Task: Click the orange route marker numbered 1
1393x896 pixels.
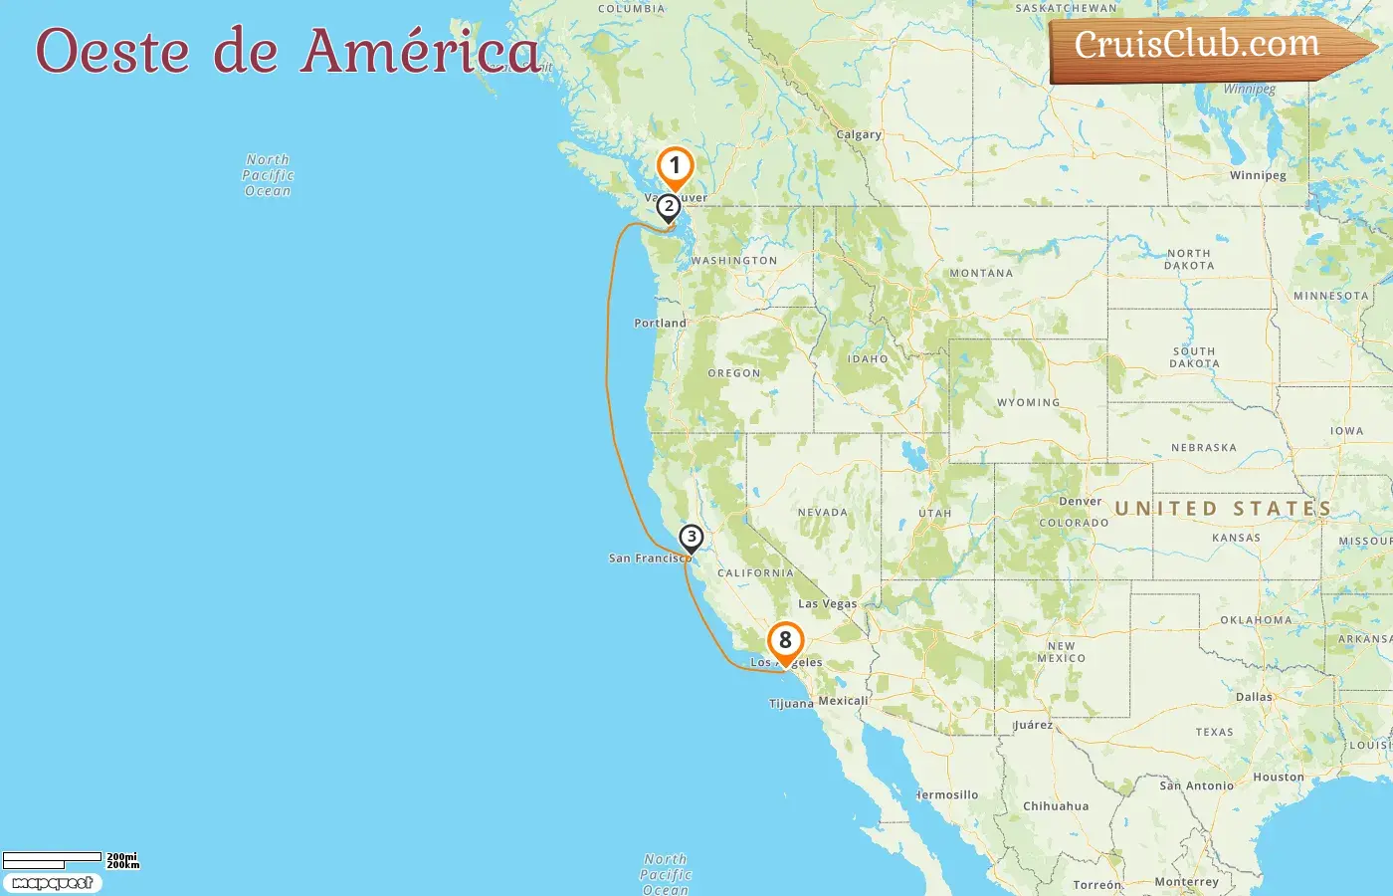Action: tap(675, 166)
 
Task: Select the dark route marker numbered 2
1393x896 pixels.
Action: tap(669, 207)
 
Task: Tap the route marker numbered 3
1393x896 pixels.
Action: tap(691, 538)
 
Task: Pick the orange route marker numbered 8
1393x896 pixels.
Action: tap(785, 641)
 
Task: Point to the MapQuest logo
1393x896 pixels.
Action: tap(52, 883)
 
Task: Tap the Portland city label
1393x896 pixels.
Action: tap(660, 324)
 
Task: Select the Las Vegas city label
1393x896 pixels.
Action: tap(827, 604)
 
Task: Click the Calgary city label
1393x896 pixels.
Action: tap(859, 135)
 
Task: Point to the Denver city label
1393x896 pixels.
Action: tap(1081, 502)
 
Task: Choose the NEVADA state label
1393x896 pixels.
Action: tap(823, 513)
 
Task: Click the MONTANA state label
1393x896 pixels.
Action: tap(981, 273)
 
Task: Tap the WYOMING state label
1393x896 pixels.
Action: tap(1029, 403)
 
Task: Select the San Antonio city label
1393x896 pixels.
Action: tap(1196, 785)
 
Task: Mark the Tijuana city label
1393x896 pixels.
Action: tap(791, 704)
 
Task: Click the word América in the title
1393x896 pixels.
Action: tap(422, 51)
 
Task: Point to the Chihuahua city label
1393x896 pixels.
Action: tap(1056, 806)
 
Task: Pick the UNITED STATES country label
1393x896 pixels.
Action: tap(1223, 509)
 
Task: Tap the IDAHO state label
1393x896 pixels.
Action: tap(868, 359)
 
